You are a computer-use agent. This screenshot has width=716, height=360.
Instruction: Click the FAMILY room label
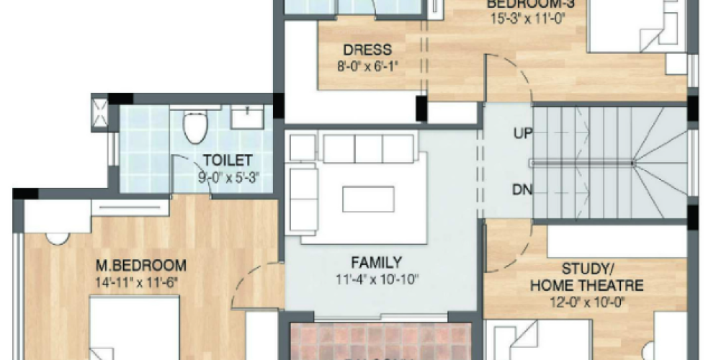[x=376, y=262]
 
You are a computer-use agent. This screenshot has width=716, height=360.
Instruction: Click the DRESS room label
[x=367, y=50]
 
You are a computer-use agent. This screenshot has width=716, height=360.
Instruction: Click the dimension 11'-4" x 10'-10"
[x=376, y=279]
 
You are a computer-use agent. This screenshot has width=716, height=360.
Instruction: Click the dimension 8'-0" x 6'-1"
[x=367, y=67]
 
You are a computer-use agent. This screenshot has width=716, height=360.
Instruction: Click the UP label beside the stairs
[x=524, y=133]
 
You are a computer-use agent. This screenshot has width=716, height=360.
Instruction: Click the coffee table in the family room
[x=368, y=199]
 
